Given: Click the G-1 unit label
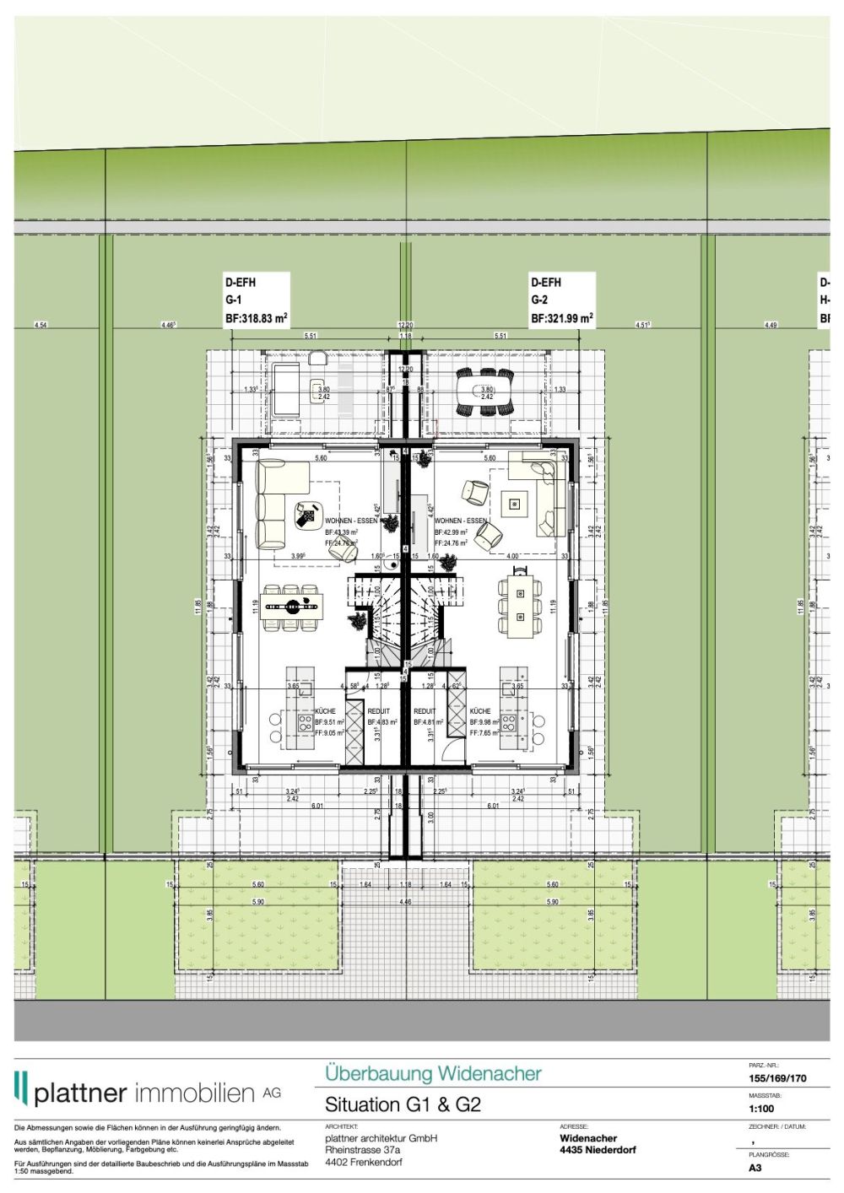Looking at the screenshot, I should point(233,300).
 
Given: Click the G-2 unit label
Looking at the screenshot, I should point(539,300).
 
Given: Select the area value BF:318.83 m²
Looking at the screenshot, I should point(256,319).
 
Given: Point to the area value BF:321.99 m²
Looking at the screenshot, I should point(561,319).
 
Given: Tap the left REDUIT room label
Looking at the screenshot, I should point(379,711).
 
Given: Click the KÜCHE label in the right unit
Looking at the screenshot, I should point(480,711).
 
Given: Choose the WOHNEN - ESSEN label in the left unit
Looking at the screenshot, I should point(351,521).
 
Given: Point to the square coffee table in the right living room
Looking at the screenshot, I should point(514,505).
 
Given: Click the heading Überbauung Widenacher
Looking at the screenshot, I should point(433,1073).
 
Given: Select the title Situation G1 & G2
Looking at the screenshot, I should point(403,1104).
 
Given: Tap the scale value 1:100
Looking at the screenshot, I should point(760,1109).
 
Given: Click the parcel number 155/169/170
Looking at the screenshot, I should point(777,1078).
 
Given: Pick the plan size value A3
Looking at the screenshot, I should point(755,1168).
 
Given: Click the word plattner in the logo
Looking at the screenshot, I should point(81,1093).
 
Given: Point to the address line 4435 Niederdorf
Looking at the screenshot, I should point(598,1149).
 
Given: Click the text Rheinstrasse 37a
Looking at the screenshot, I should point(363,1149).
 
